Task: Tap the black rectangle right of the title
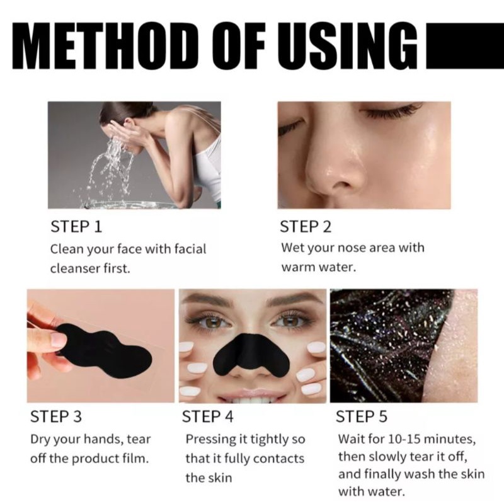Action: pos(465,45)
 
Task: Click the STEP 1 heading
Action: pos(76,226)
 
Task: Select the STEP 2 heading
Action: pos(306,226)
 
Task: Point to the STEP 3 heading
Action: pos(56,416)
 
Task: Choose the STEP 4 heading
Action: pos(208,416)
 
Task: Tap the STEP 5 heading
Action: pos(362,416)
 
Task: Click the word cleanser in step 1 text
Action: pos(74,269)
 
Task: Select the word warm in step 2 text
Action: pos(295,267)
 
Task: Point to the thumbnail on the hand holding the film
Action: pos(58,340)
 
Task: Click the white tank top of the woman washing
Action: pos(209,167)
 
